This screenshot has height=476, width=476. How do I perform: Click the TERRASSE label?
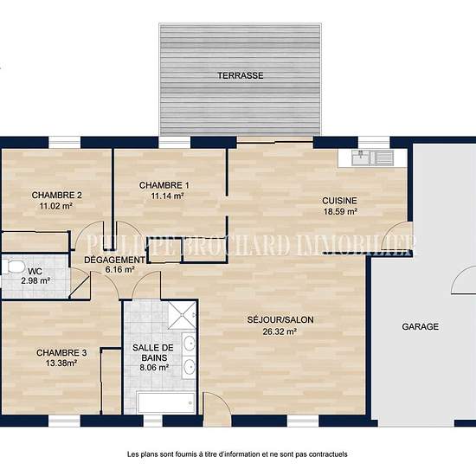coord(240,75)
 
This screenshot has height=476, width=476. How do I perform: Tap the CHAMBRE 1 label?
coord(164,185)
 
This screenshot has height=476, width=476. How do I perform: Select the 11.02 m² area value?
coord(56,206)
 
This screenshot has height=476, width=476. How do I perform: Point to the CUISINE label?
coord(339,201)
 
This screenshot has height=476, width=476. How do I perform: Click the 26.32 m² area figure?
coord(280,331)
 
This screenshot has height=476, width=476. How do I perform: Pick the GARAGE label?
coord(421,326)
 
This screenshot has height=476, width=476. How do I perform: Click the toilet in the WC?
coord(13,267)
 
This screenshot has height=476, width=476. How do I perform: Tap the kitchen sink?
coord(372,158)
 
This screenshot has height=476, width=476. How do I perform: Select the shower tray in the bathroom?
coord(182,315)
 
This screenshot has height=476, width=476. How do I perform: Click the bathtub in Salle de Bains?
coord(166,402)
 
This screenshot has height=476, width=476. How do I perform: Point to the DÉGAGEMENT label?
coord(115,260)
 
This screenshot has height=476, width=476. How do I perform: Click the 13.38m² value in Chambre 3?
coord(61,363)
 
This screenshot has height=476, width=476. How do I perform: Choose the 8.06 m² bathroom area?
coord(154,368)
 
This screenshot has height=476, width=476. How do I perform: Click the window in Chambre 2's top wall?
coord(64,143)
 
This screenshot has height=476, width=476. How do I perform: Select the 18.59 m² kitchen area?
coord(340,211)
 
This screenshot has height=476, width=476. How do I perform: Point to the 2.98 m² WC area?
coord(35,281)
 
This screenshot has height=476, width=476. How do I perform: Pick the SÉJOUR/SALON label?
coord(280,319)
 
